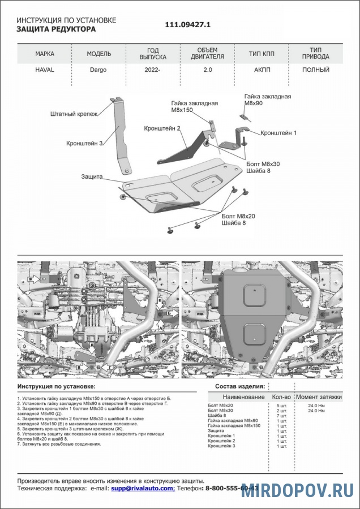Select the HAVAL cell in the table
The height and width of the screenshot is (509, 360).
click(x=45, y=70)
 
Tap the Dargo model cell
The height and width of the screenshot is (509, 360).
click(x=98, y=70)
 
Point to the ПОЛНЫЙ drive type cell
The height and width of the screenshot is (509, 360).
click(x=316, y=70)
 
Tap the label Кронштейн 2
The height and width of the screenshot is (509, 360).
click(x=162, y=129)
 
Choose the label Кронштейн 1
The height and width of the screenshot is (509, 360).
click(x=278, y=133)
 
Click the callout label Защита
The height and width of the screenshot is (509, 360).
click(x=91, y=176)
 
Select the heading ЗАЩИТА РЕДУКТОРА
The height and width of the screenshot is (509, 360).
click(x=56, y=29)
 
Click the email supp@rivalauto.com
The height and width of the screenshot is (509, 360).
click(x=142, y=488)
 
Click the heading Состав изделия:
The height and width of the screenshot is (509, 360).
click(x=239, y=386)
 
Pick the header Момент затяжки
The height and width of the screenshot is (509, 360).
click(x=319, y=397)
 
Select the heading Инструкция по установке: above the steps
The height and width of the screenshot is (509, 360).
click(x=56, y=386)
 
